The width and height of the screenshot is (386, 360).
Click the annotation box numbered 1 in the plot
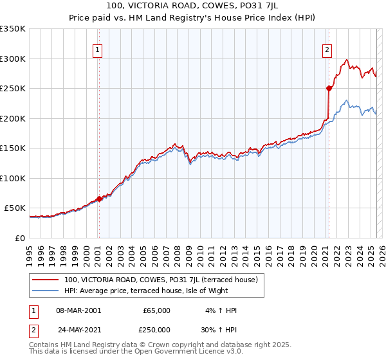pyautogui.click(x=97, y=50)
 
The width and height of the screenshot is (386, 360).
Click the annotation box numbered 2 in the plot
pyautogui.click(x=327, y=50)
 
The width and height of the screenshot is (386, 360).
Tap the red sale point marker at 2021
pyautogui.click(x=329, y=88)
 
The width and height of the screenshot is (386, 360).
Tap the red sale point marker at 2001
pyautogui.click(x=99, y=199)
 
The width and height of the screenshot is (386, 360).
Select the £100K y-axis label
pyautogui.click(x=13, y=178)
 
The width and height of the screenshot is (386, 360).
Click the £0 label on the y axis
pyautogui.click(x=19, y=238)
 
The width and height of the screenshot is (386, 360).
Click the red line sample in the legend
pyautogui.click(x=46, y=280)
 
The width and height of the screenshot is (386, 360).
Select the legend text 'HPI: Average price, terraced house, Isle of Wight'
pyautogui.click(x=163, y=291)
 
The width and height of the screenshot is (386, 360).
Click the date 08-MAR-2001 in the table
pyautogui.click(x=78, y=310)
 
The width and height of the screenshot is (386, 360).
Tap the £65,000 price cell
pyautogui.click(x=156, y=310)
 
